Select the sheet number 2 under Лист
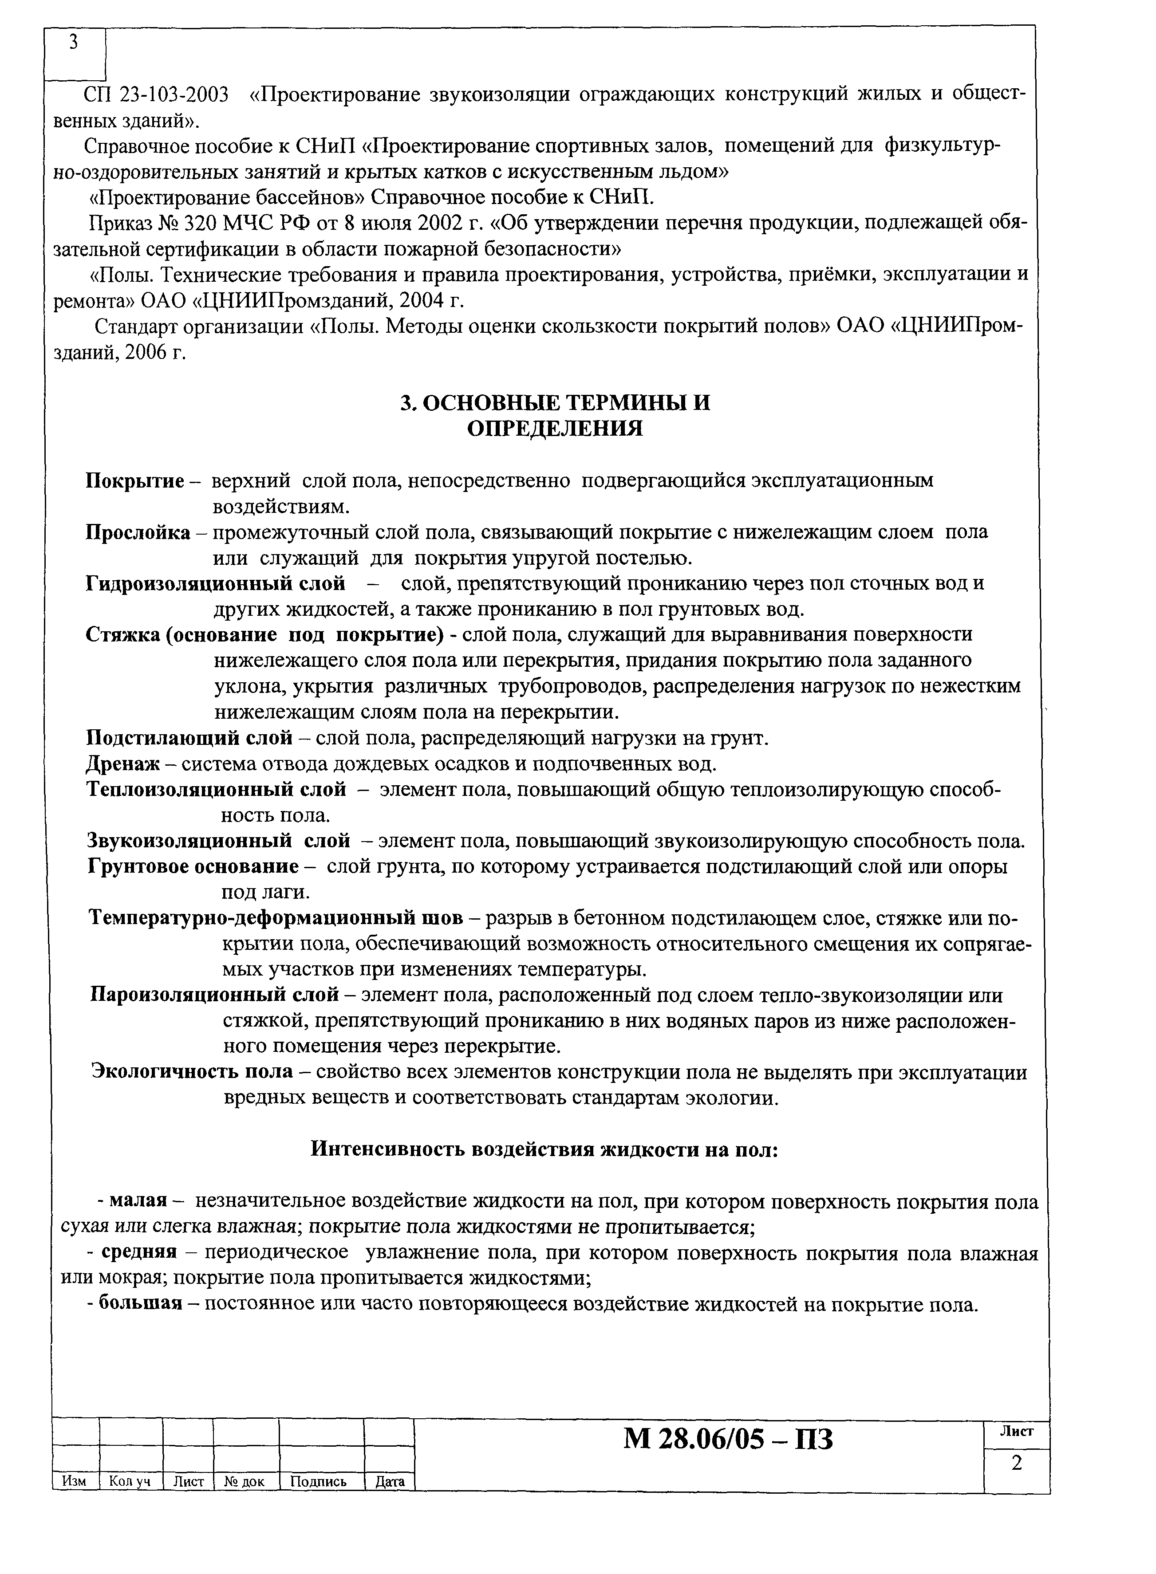pos(1017,1462)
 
